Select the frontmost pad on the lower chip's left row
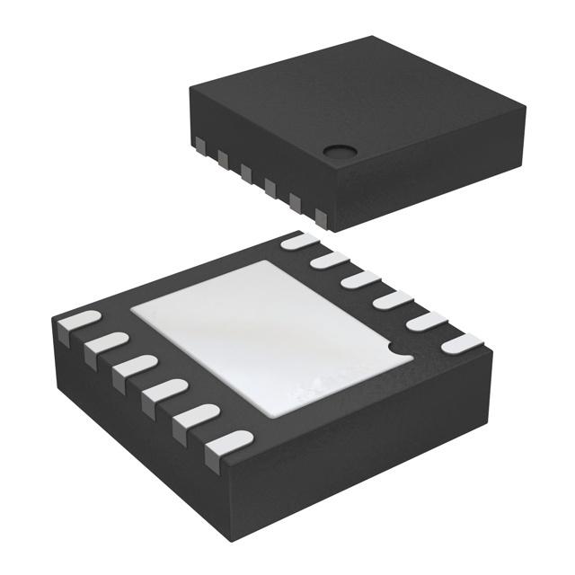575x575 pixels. tap(227, 443)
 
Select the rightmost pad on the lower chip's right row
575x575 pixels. tap(465, 342)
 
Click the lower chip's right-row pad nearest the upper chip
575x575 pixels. tap(300, 241)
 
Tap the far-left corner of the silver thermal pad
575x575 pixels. tap(132, 311)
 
